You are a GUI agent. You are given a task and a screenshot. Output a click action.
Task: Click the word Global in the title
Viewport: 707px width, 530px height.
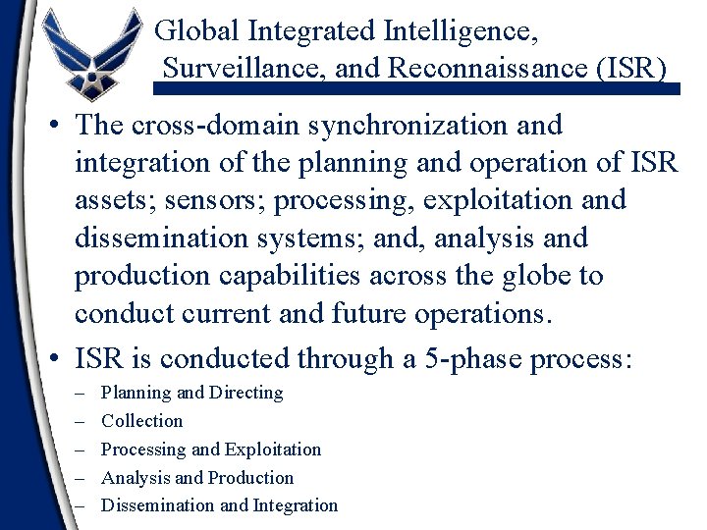click(198, 31)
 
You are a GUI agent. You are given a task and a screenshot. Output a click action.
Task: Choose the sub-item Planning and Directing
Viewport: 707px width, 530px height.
click(192, 393)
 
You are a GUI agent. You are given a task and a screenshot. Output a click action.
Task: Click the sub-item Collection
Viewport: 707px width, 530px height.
click(142, 421)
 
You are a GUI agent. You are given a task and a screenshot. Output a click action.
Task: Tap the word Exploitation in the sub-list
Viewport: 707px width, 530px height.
click(273, 450)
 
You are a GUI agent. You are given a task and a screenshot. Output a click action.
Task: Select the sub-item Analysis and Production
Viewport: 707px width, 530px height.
click(197, 478)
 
